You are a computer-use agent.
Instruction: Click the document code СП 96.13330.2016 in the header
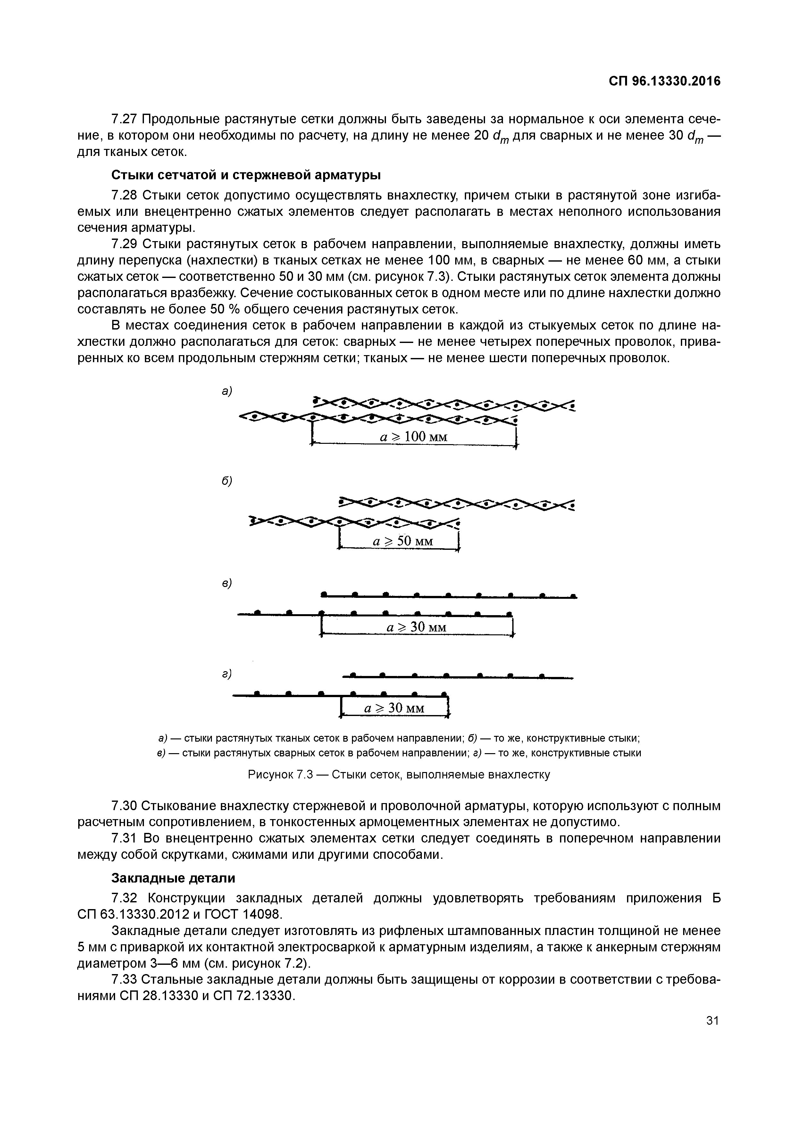(664, 81)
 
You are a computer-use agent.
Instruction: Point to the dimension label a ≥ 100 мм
(414, 437)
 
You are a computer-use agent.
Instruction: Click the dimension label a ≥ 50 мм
(403, 541)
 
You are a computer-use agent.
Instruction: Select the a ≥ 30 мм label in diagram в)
(416, 627)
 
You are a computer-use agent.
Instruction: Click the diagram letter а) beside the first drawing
(226, 391)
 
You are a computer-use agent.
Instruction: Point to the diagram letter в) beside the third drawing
(226, 583)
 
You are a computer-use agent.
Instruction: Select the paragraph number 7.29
(125, 244)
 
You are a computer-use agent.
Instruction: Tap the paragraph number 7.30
(125, 806)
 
